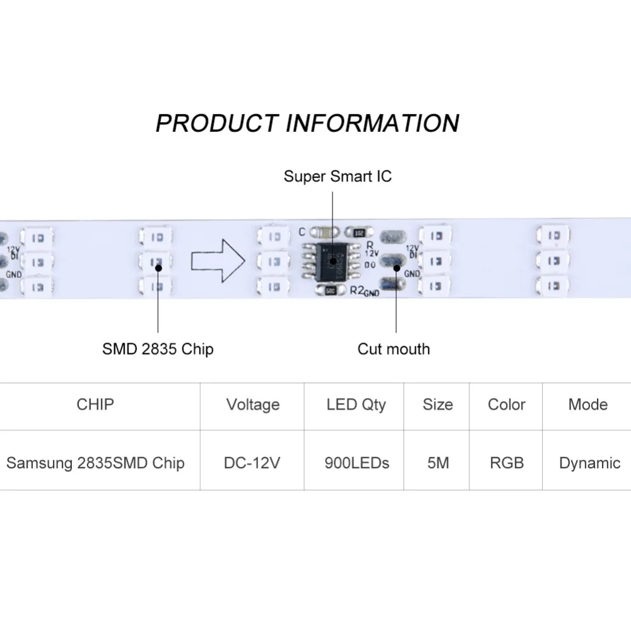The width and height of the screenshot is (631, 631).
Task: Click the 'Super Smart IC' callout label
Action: tap(338, 175)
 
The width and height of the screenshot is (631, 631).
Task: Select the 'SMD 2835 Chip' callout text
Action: tap(158, 348)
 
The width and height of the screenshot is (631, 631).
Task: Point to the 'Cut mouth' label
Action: tap(394, 348)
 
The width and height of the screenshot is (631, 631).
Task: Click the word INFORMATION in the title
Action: tap(372, 122)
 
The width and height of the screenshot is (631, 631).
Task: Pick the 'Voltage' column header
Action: tap(252, 404)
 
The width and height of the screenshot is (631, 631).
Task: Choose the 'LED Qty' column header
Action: tap(356, 404)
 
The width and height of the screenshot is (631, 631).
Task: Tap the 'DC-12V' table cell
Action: tap(252, 463)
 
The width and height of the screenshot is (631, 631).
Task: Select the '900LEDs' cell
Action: tap(357, 463)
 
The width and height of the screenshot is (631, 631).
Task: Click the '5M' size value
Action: tap(438, 463)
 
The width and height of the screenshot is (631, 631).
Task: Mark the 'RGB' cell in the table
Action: tap(507, 463)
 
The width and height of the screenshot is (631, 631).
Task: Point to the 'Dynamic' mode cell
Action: tap(589, 463)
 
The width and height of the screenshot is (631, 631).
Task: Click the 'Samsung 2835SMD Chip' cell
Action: tap(95, 463)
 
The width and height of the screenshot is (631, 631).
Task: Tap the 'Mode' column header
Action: tap(587, 404)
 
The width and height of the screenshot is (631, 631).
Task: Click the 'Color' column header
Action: tap(507, 404)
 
